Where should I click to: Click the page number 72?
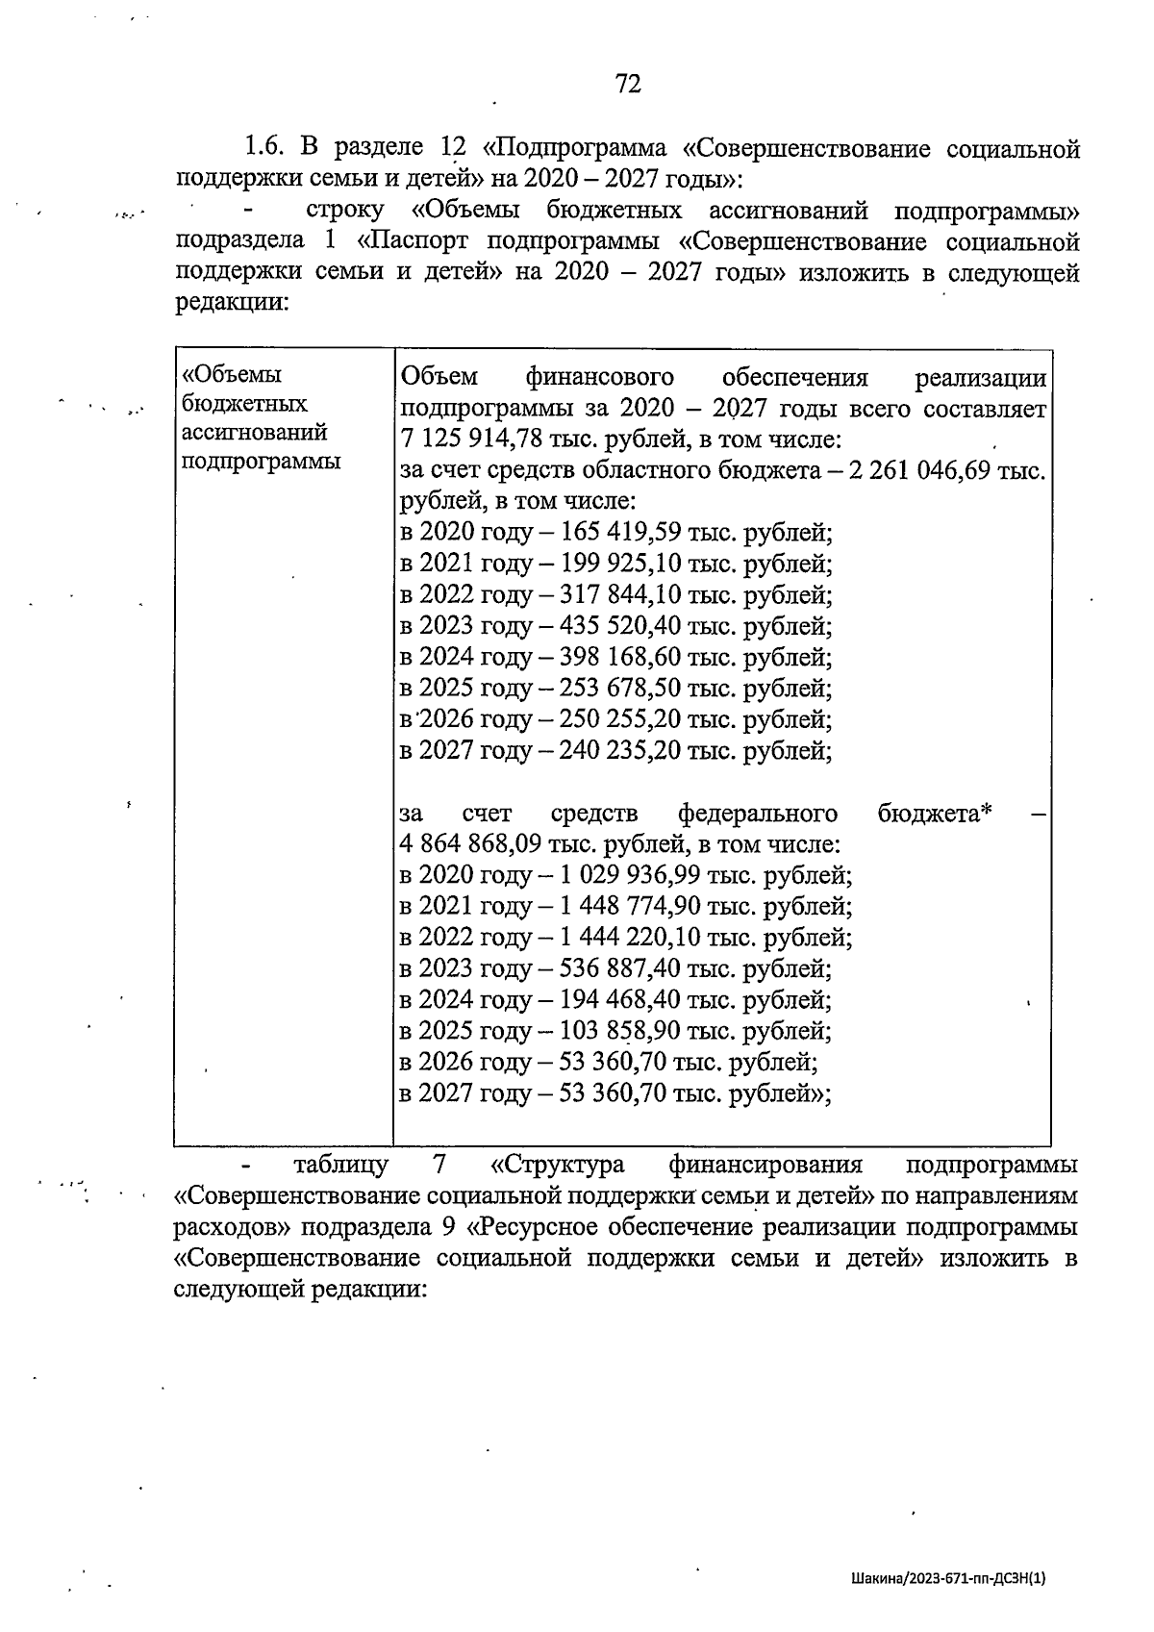tap(627, 85)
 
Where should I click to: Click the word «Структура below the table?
tap(557, 1165)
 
